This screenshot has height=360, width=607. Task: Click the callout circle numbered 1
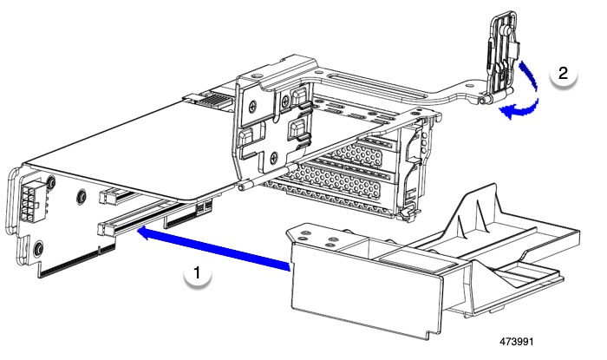199,273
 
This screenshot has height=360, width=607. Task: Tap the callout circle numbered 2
563,74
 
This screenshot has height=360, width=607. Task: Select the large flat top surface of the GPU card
130,147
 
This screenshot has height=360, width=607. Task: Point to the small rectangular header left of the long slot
110,197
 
